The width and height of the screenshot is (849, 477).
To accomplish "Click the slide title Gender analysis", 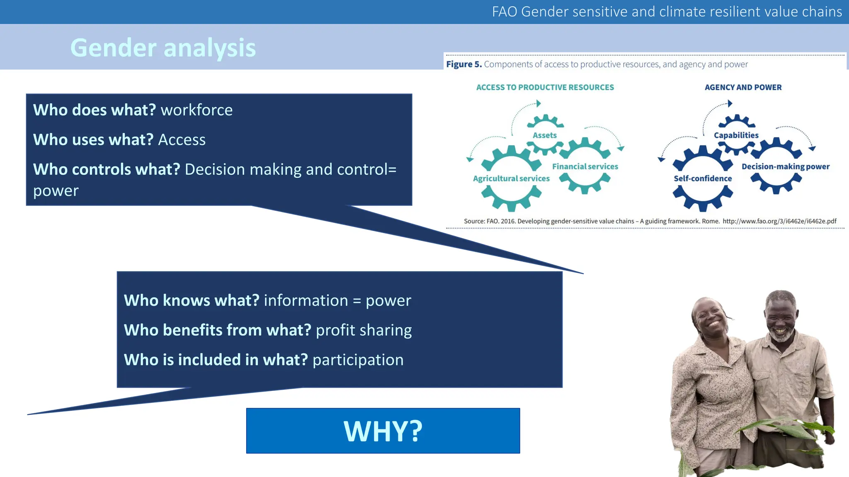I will (x=163, y=48).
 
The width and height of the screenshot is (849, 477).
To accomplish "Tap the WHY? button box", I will (x=383, y=431).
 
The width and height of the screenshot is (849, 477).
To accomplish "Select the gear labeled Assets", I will (x=545, y=135).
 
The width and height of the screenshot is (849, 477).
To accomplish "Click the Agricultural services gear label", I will (x=511, y=178).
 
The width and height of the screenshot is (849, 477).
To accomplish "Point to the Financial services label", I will (x=585, y=166).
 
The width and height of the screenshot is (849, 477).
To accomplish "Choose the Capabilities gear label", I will (x=736, y=135).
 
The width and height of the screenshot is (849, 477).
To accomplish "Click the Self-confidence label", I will (x=703, y=178).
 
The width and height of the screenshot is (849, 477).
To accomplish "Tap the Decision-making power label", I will (x=786, y=166).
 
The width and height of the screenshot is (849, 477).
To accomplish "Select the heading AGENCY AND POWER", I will (x=743, y=87).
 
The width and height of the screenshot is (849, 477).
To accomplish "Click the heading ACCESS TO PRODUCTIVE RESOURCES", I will (x=545, y=87).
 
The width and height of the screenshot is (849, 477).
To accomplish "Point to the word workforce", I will (x=196, y=110).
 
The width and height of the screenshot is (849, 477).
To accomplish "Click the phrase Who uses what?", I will (x=93, y=140).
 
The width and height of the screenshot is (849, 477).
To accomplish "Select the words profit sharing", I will (x=364, y=330).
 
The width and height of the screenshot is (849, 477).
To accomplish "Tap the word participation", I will (x=358, y=360).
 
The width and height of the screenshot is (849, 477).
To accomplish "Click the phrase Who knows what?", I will (x=192, y=301).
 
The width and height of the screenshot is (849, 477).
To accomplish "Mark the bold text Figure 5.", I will (x=463, y=65).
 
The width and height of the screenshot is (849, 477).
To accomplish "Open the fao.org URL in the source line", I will (x=779, y=221).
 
